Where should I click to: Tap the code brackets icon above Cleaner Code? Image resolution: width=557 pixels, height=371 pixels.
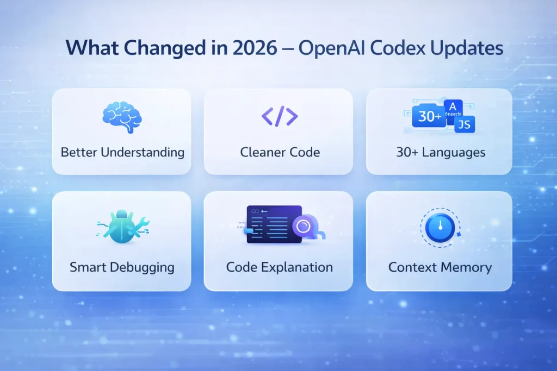click(280, 116)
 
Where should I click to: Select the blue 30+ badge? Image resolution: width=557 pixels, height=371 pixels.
click(429, 117)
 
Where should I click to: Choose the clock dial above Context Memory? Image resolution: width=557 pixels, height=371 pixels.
click(439, 227)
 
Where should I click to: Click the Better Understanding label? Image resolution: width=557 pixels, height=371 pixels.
click(122, 152)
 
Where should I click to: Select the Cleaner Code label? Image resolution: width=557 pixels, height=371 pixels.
click(279, 152)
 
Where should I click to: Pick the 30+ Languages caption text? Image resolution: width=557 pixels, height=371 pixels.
click(441, 152)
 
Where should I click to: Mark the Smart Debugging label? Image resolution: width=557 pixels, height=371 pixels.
click(122, 267)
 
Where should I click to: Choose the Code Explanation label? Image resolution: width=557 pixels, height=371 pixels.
click(279, 267)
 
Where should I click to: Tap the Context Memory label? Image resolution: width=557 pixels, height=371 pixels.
click(440, 267)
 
